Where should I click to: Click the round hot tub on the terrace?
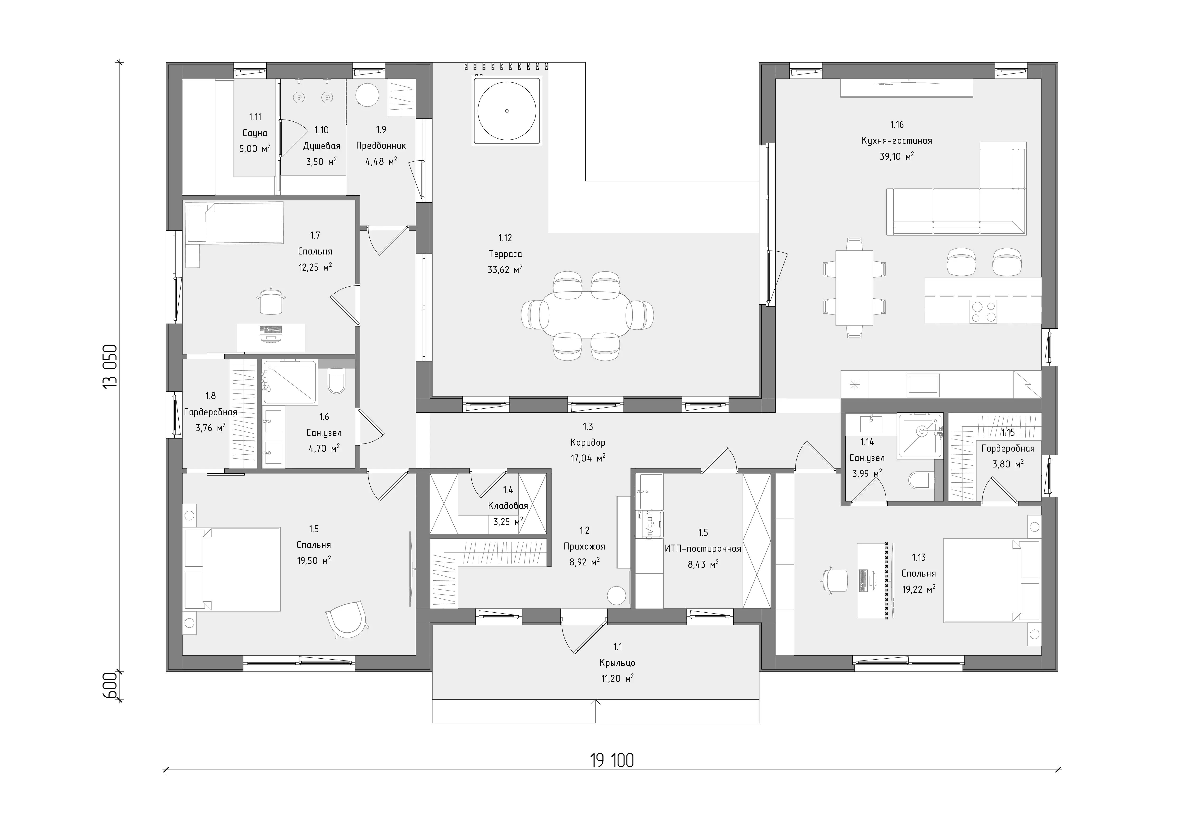[x=507, y=111]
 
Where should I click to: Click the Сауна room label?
[x=255, y=133]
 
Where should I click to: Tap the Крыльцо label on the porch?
[x=617, y=663]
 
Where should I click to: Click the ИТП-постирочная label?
[x=703, y=549]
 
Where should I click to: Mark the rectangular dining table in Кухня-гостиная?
[x=854, y=287]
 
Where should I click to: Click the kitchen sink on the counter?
[x=923, y=385]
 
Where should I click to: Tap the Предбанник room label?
[x=381, y=146]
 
